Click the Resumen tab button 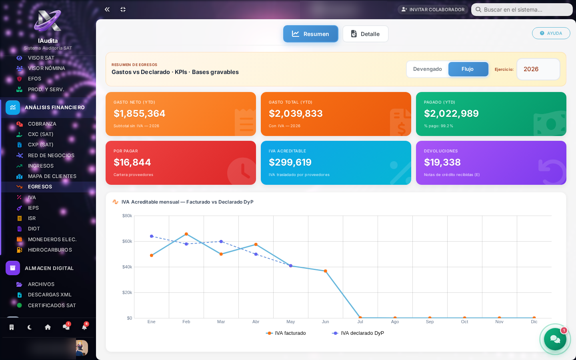[x=310, y=34]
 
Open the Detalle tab [x=365, y=34]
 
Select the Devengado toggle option [x=427, y=69]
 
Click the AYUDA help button [x=551, y=33]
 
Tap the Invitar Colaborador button [x=433, y=10]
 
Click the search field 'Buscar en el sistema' [x=522, y=10]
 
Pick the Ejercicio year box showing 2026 [x=538, y=69]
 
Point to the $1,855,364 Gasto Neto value [x=139, y=114]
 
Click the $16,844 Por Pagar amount [x=132, y=162]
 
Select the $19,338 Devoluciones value [x=442, y=162]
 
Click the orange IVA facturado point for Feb [x=186, y=234]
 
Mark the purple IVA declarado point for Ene [x=152, y=236]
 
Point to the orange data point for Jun [x=325, y=271]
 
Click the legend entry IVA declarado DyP [x=358, y=333]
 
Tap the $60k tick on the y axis [x=127, y=241]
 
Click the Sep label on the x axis [x=430, y=322]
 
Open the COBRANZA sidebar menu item [x=42, y=124]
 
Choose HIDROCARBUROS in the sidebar [x=50, y=250]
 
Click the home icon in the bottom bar [x=48, y=327]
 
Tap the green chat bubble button [x=555, y=339]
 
